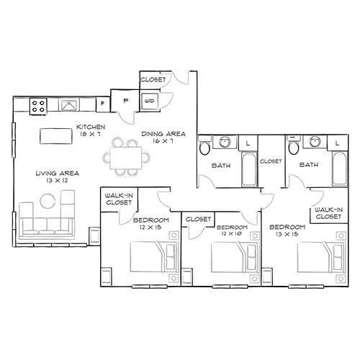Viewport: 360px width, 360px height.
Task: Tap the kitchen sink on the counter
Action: pyautogui.click(x=69, y=107)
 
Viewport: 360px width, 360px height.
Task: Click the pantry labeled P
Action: pyautogui.click(x=125, y=101)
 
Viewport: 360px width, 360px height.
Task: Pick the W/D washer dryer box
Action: pyautogui.click(x=150, y=101)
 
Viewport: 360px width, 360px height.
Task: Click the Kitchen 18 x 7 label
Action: pyautogui.click(x=91, y=130)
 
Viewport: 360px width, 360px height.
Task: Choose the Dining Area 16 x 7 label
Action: pyautogui.click(x=163, y=137)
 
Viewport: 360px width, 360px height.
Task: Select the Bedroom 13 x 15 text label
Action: pyautogui.click(x=287, y=230)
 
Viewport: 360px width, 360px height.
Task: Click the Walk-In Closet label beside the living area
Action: pyautogui.click(x=115, y=199)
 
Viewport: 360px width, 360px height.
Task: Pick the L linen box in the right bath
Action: pyautogui.click(x=337, y=143)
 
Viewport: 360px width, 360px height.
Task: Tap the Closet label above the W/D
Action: pyautogui.click(x=153, y=78)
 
